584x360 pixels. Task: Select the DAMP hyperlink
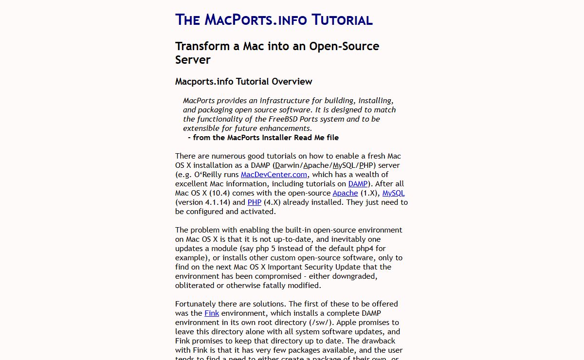[x=358, y=184]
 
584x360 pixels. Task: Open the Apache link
[x=345, y=193]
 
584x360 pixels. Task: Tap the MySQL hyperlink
[x=393, y=193]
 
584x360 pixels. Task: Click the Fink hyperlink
[x=212, y=313]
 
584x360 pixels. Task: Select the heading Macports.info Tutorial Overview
[x=243, y=81]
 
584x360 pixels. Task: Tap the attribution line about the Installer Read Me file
[x=263, y=138]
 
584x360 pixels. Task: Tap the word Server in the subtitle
[x=193, y=60]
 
